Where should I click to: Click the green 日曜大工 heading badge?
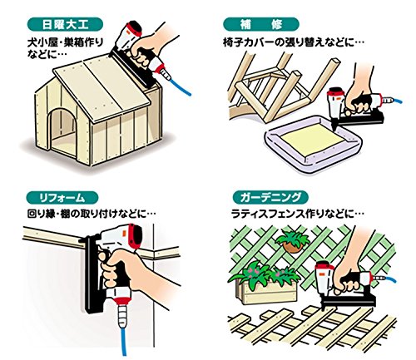pyautogui.click(x=65, y=24)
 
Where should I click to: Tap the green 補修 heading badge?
pyautogui.click(x=261, y=24)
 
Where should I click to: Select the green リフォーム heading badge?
pyautogui.click(x=62, y=198)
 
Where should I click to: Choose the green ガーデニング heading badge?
pyautogui.click(x=270, y=197)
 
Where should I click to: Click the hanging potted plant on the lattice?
pyautogui.click(x=292, y=241)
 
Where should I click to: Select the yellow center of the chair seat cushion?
pyautogui.click(x=313, y=140)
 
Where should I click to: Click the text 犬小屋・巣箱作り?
pyautogui.click(x=65, y=42)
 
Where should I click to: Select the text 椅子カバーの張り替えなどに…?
pyautogui.click(x=293, y=42)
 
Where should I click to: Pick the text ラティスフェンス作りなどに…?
pyautogui.click(x=297, y=215)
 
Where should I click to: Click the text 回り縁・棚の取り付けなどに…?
pyautogui.click(x=92, y=214)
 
